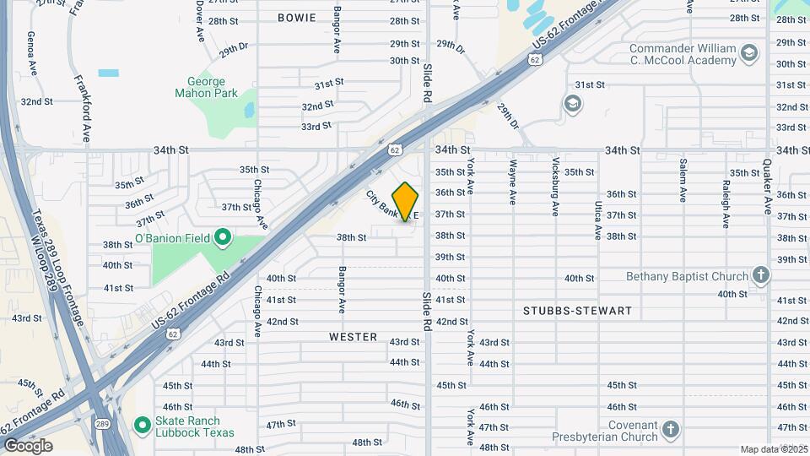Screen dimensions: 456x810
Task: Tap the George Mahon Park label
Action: (x=207, y=87)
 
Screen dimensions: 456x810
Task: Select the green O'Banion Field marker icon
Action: (x=222, y=237)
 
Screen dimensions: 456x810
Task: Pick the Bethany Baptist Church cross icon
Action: (x=761, y=276)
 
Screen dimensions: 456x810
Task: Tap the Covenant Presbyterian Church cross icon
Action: (x=671, y=429)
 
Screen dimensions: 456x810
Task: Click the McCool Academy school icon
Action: (x=748, y=55)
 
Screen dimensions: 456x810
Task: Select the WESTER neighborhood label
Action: (x=353, y=337)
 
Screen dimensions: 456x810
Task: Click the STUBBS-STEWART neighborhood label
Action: (x=577, y=311)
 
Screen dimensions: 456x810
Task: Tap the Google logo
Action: (x=28, y=446)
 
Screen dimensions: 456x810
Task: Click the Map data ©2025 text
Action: (x=774, y=449)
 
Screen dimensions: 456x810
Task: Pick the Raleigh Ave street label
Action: (x=725, y=204)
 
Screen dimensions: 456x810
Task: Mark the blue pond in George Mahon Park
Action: (x=249, y=110)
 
